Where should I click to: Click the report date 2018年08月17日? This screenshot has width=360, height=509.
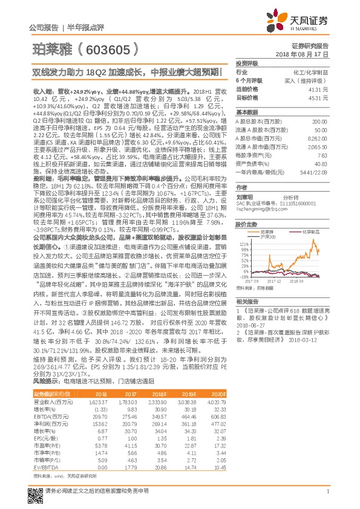point(309,54)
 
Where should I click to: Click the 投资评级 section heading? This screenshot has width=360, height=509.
point(247,63)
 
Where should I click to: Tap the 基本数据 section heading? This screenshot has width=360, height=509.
point(247,112)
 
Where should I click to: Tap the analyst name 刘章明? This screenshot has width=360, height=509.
point(244,196)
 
